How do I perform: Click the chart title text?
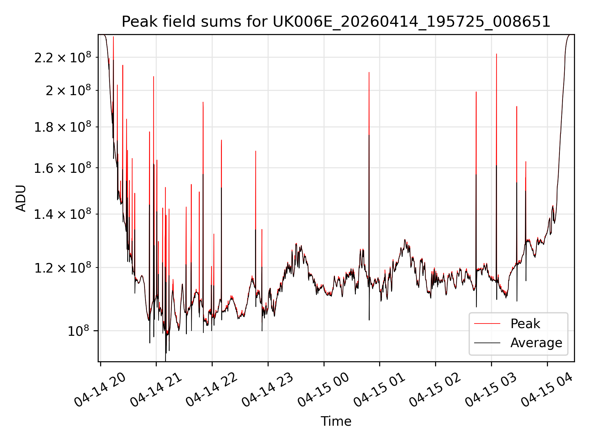pyautogui.click(x=336, y=22)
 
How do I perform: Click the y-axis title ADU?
pyautogui.click(x=21, y=198)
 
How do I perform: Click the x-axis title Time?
pyautogui.click(x=336, y=421)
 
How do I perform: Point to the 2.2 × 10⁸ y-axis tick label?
pyautogui.click(x=63, y=57)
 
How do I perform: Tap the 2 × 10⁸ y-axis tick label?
pyautogui.click(x=68, y=90)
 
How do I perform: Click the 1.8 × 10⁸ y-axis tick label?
pyautogui.click(x=63, y=127)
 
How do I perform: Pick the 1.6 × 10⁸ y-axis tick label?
pyautogui.click(x=63, y=168)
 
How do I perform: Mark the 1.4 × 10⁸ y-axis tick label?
pyautogui.click(x=63, y=214)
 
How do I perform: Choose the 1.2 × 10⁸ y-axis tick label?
pyautogui.click(x=63, y=268)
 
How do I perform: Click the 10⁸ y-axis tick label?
pyautogui.click(x=78, y=331)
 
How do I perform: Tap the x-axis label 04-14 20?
pyautogui.click(x=100, y=390)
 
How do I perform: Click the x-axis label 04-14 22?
pyautogui.click(x=212, y=390)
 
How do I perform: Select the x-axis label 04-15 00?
pyautogui.click(x=324, y=390)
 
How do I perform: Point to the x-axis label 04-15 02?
pyautogui.click(x=435, y=390)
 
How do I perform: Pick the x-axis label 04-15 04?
pyautogui.click(x=547, y=390)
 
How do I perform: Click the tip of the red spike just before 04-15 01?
pyautogui.click(x=369, y=72)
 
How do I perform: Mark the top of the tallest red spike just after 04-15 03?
pyautogui.click(x=497, y=54)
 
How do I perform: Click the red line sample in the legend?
pyautogui.click(x=487, y=324)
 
